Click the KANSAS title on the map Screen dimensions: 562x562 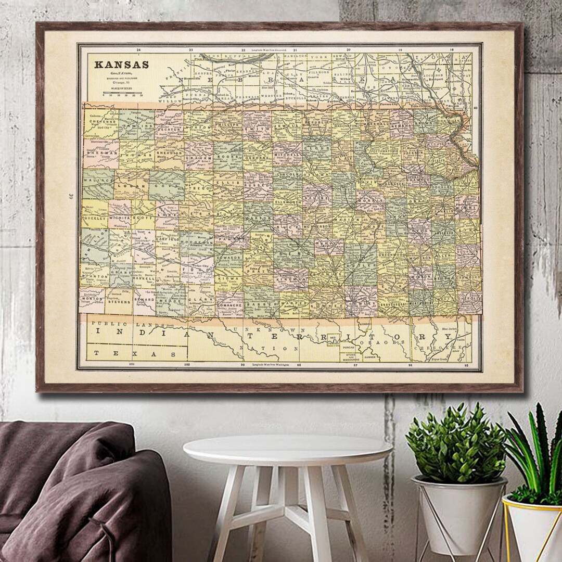click(121, 65)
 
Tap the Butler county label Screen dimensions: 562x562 click(364, 265)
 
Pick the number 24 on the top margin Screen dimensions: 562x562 click(138, 50)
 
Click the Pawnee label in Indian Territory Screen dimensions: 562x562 click(371, 357)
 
